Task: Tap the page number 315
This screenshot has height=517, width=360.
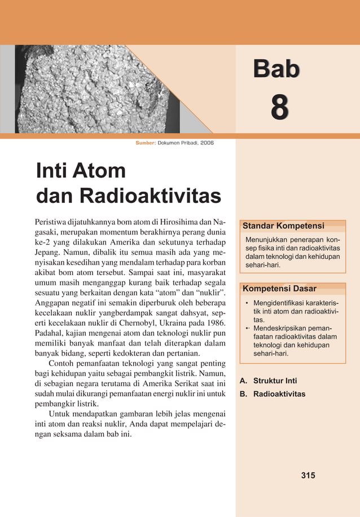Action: (x=308, y=475)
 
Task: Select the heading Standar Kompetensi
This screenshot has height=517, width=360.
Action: (x=283, y=226)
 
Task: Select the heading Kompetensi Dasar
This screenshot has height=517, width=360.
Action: (x=279, y=289)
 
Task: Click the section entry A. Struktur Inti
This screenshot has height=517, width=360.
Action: (x=268, y=381)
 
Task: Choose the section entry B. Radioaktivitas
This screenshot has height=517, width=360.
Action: (x=273, y=394)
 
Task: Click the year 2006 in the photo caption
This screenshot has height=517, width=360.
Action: (x=207, y=143)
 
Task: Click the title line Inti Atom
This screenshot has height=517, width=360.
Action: (x=80, y=170)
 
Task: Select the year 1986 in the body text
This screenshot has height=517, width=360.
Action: (x=215, y=324)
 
